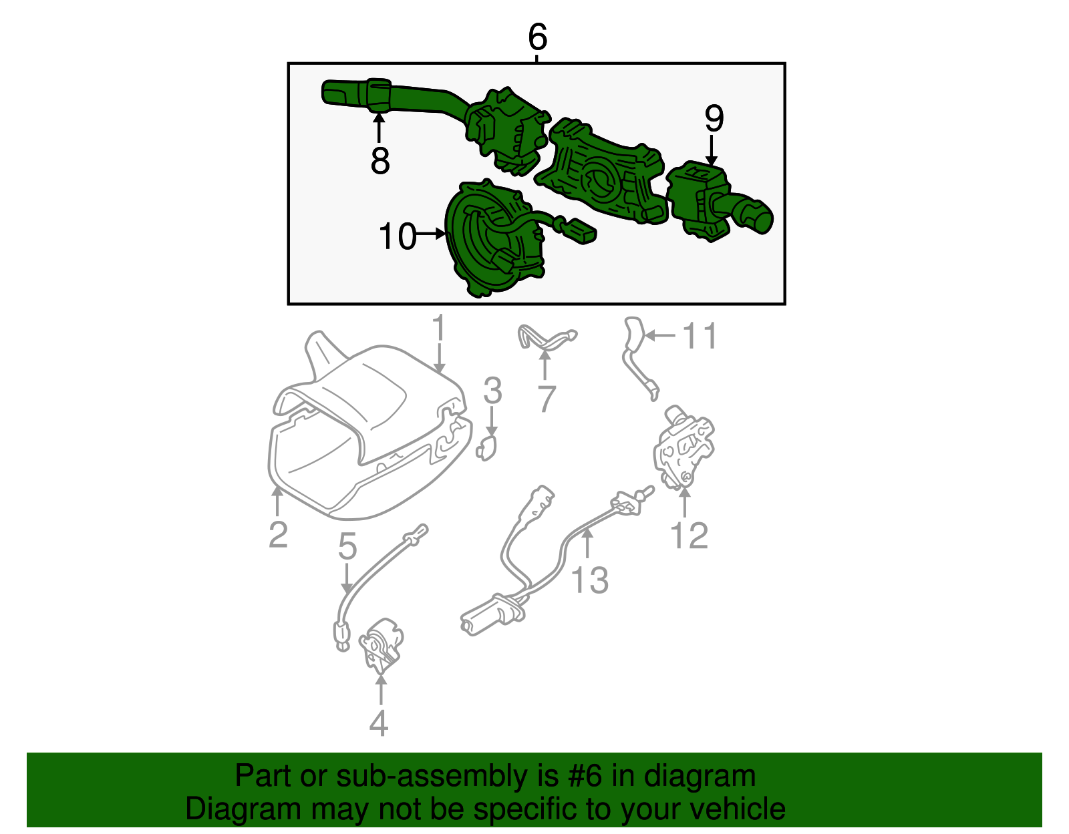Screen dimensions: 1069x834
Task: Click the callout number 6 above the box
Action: coord(537,37)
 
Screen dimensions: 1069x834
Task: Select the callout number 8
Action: coord(379,160)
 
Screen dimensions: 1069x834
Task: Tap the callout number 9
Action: coord(714,118)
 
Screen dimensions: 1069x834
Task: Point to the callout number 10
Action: coord(398,236)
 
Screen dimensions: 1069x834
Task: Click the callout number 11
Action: coord(700,336)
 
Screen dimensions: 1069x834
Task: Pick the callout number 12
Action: coord(690,536)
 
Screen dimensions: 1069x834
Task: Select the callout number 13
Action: coord(590,580)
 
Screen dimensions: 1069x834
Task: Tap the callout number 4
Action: coord(379,723)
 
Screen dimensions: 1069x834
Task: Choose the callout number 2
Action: coord(278,535)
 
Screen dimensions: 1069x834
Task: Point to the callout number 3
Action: coord(492,391)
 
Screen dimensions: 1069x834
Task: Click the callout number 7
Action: coord(547,399)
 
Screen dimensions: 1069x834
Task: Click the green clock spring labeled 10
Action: coord(497,238)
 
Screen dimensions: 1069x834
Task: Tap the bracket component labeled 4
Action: coord(381,646)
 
